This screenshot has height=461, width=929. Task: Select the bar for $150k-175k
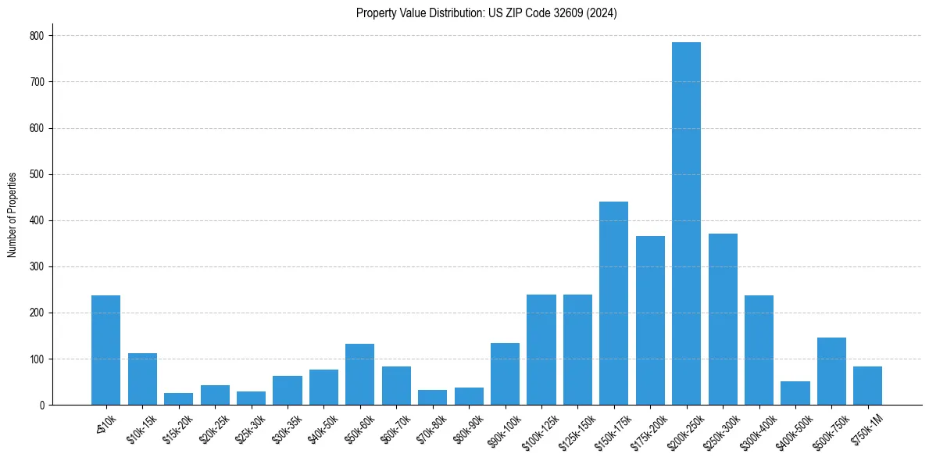pyautogui.click(x=613, y=303)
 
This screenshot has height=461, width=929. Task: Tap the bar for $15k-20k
pyautogui.click(x=178, y=399)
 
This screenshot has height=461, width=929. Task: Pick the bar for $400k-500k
pyautogui.click(x=795, y=393)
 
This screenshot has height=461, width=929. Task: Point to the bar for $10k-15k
pyautogui.click(x=142, y=379)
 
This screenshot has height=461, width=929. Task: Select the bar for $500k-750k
pyautogui.click(x=831, y=371)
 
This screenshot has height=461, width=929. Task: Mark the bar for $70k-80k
pyautogui.click(x=432, y=397)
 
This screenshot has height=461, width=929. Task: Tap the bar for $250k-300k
pyautogui.click(x=723, y=319)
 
